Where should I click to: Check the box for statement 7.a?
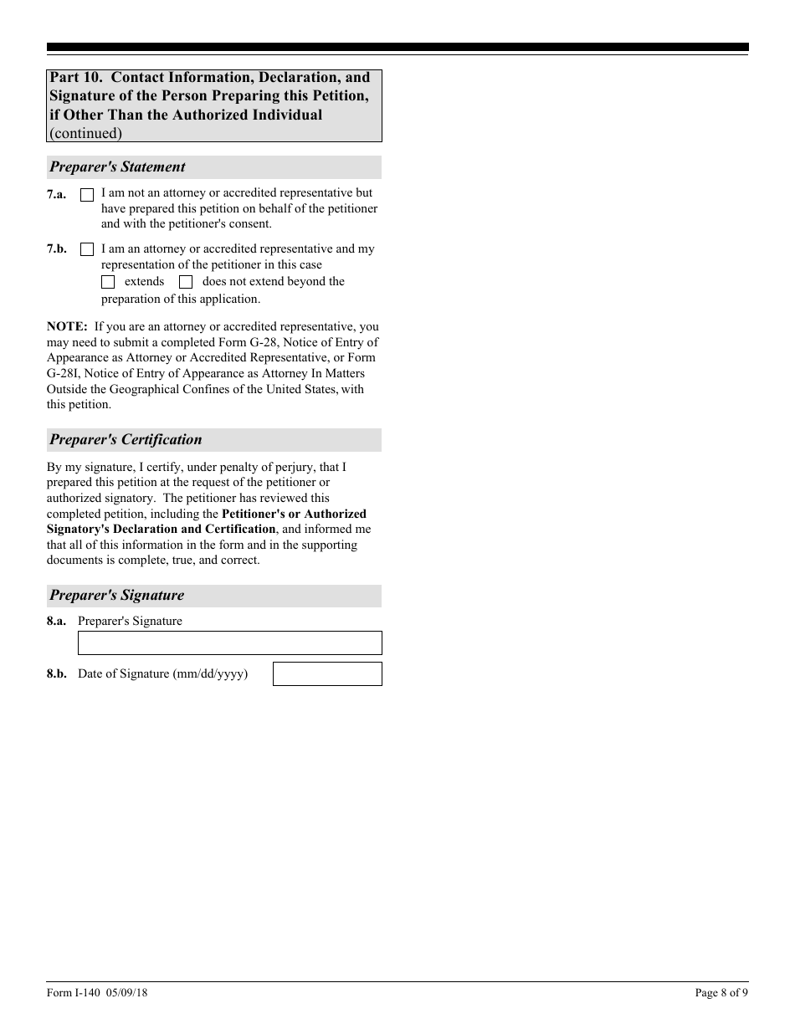(87, 195)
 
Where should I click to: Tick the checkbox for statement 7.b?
(87, 249)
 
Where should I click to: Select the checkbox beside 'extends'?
(108, 282)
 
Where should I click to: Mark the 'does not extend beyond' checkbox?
(186, 282)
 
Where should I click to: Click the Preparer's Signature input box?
(229, 642)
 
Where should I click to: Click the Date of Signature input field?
(327, 673)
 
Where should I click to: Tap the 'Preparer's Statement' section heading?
(117, 167)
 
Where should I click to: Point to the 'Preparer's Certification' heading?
(126, 440)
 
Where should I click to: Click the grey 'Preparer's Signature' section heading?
(116, 596)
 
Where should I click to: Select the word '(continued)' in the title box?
(85, 133)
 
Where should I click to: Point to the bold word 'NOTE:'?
(67, 326)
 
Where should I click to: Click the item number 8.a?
(56, 622)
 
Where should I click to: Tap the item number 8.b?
(56, 673)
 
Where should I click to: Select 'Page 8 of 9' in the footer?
(721, 993)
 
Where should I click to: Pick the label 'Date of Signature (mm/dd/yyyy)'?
(162, 673)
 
